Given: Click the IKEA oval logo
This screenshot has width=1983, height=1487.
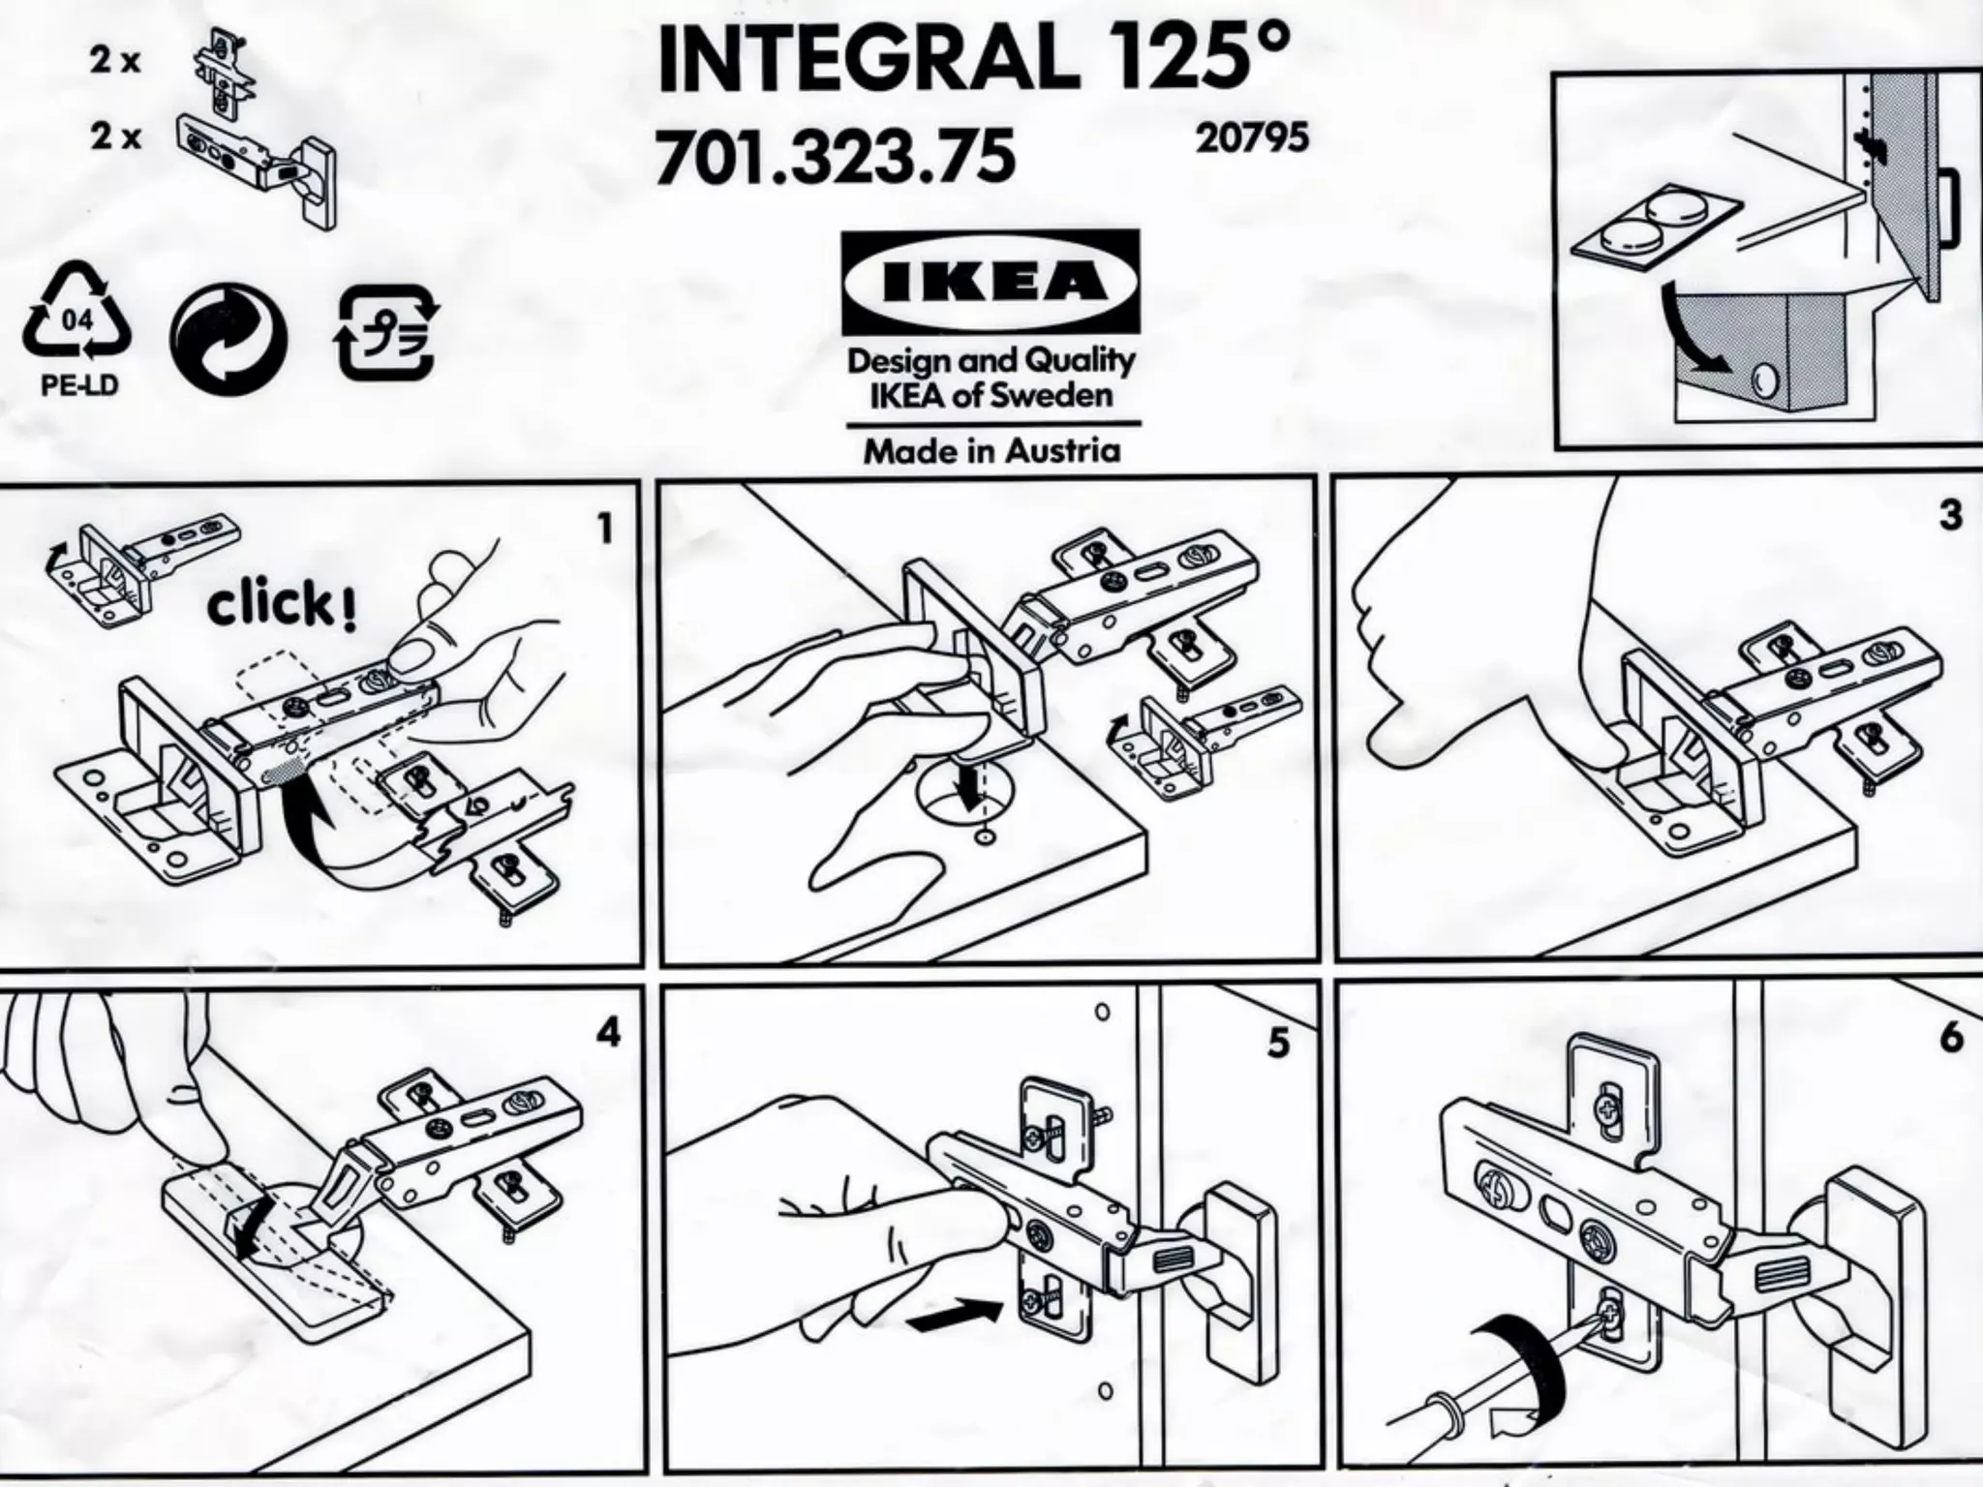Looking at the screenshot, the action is coord(990,282).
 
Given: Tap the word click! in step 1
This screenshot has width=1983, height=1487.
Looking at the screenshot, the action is coord(282,606).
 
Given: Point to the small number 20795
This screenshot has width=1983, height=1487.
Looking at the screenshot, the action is coord(1252,138).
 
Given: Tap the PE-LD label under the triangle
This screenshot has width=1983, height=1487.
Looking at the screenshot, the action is coord(79,386).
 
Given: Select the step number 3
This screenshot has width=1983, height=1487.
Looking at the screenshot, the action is coord(1950,515).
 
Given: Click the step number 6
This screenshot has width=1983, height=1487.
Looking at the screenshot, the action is coord(1950,1038).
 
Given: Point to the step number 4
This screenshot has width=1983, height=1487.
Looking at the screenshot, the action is coord(607,1034).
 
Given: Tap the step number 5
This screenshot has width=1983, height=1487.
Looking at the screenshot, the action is coord(1278,1044).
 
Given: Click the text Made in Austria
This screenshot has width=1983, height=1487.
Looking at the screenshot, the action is coord(991,451).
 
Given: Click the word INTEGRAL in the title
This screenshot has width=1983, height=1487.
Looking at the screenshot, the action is coord(868,61).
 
